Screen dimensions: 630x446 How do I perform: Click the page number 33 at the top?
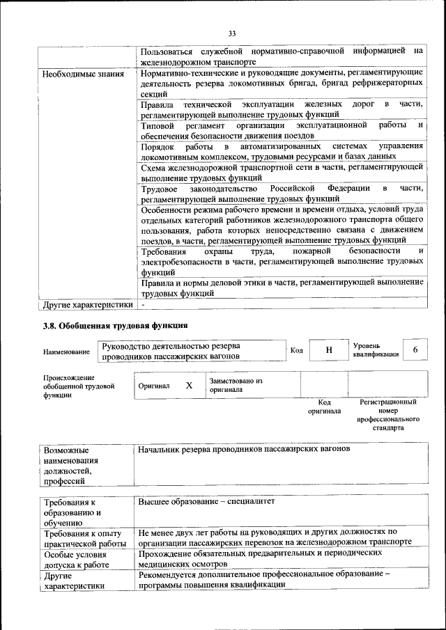[x=231, y=32]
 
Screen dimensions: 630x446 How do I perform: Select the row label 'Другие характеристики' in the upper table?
[x=87, y=304]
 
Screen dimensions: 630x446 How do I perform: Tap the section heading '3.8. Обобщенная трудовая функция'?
[x=115, y=325]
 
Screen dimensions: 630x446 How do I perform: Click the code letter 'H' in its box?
[x=329, y=350]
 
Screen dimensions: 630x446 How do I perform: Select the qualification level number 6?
[x=415, y=349]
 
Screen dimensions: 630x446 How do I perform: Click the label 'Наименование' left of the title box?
[x=66, y=352]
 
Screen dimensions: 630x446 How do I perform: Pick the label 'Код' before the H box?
[x=296, y=350]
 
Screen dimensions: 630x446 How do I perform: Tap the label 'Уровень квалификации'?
[x=376, y=349]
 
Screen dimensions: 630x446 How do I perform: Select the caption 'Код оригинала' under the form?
[x=324, y=407]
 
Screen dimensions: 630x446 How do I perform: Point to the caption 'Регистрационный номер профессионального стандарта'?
[x=387, y=416]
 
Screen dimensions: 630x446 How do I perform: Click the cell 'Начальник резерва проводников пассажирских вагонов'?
[x=244, y=449]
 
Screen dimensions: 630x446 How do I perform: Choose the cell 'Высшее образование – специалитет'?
[x=207, y=501]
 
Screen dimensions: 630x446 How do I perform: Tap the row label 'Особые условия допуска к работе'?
[x=75, y=560]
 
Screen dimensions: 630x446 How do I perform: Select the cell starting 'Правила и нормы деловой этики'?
[x=282, y=288]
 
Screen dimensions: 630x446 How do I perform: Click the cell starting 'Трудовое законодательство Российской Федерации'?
[x=282, y=194]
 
